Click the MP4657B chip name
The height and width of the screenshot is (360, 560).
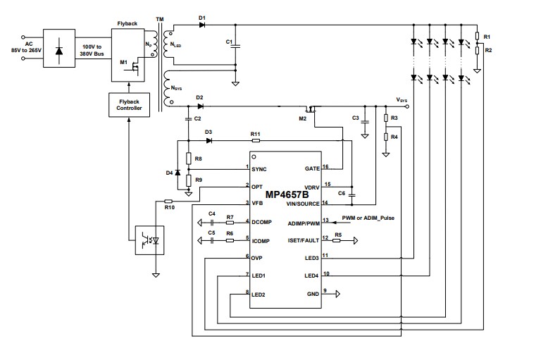click(287, 194)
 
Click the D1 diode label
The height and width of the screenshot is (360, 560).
click(202, 16)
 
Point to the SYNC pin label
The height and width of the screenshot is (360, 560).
click(261, 168)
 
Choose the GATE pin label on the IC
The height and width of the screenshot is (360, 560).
click(311, 168)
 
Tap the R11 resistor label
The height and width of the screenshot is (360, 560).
click(255, 133)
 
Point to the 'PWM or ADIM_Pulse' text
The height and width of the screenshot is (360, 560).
click(368, 218)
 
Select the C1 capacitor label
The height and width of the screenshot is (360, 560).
click(229, 42)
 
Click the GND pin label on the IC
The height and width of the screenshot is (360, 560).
click(312, 292)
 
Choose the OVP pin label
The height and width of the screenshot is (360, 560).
click(256, 257)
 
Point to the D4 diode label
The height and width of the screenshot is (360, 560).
click(168, 173)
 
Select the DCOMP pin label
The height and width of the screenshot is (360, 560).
click(262, 222)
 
